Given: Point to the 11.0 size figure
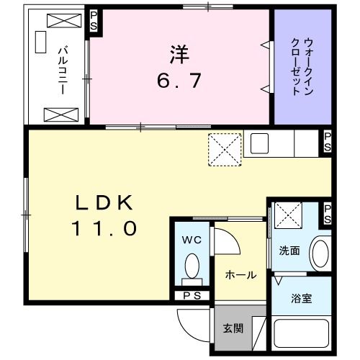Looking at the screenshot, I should tap(104, 229).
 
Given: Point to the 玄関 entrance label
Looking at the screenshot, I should tap(232, 328).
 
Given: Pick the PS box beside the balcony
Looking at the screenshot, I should tap(94, 21).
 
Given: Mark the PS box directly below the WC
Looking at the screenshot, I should tap(192, 295).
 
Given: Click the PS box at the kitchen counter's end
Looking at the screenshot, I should tap(327, 143).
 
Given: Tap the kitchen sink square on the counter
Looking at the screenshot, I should tap(258, 143).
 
